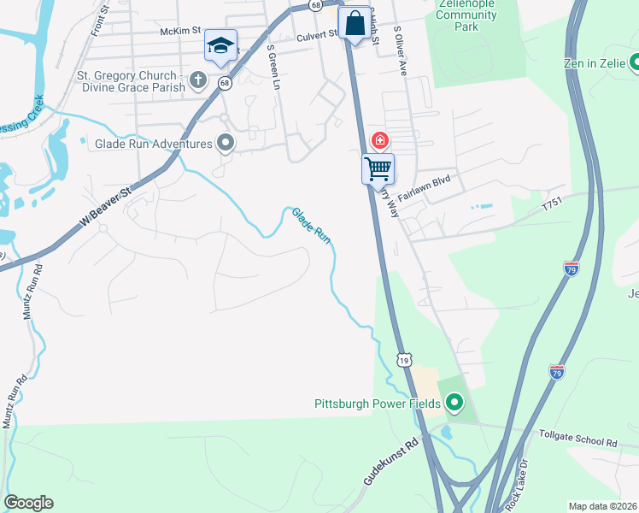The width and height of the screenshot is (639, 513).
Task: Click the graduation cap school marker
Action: pos(220,46)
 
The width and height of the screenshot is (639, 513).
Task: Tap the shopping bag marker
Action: pos(355,23)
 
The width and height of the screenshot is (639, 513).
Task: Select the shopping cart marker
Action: pos(378,168)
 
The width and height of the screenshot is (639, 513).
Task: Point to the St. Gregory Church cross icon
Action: pos(198,81)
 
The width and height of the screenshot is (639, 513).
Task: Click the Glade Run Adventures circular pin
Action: pos(226,143)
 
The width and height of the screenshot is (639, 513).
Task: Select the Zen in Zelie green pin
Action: pos(635,62)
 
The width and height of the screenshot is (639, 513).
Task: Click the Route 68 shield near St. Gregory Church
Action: pos(225,83)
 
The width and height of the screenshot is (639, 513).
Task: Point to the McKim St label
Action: pos(179,32)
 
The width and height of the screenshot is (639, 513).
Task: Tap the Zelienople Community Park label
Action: pos(466,15)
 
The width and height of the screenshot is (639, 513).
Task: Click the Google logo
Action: pos(28,503)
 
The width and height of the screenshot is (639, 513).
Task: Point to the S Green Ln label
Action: pos(273,68)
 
